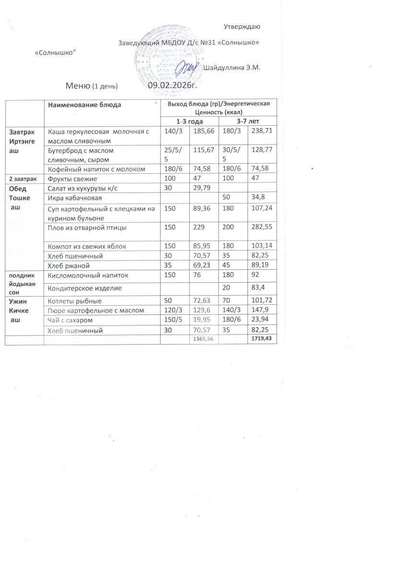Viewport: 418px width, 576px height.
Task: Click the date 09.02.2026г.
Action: [173, 85]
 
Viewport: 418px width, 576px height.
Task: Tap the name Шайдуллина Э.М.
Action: [232, 68]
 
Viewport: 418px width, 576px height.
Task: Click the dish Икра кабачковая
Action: [74, 198]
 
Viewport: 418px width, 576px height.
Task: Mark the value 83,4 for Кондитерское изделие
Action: [257, 288]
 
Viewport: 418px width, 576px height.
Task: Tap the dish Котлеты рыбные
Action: [72, 301]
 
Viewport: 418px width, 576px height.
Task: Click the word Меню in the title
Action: [78, 86]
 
